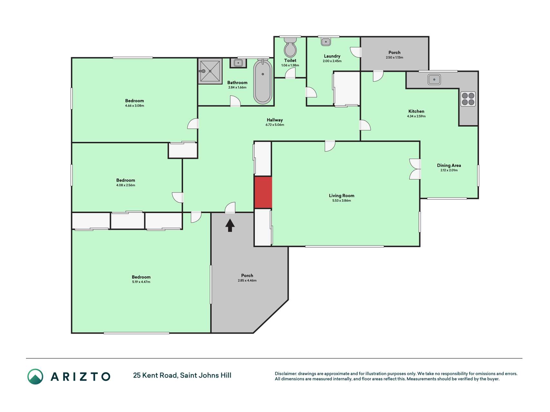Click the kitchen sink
434,79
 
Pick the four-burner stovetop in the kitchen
468,99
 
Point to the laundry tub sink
326,42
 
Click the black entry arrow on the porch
230,225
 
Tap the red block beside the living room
263,192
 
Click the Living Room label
342,195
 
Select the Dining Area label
449,165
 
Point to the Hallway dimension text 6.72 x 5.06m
275,125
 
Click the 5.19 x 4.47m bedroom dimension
141,282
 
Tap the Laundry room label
332,56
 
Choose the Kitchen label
416,111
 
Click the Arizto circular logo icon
35,377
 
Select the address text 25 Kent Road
155,375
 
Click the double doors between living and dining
415,169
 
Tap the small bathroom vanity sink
238,63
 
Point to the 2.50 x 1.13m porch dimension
394,58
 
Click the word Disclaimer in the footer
285,374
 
